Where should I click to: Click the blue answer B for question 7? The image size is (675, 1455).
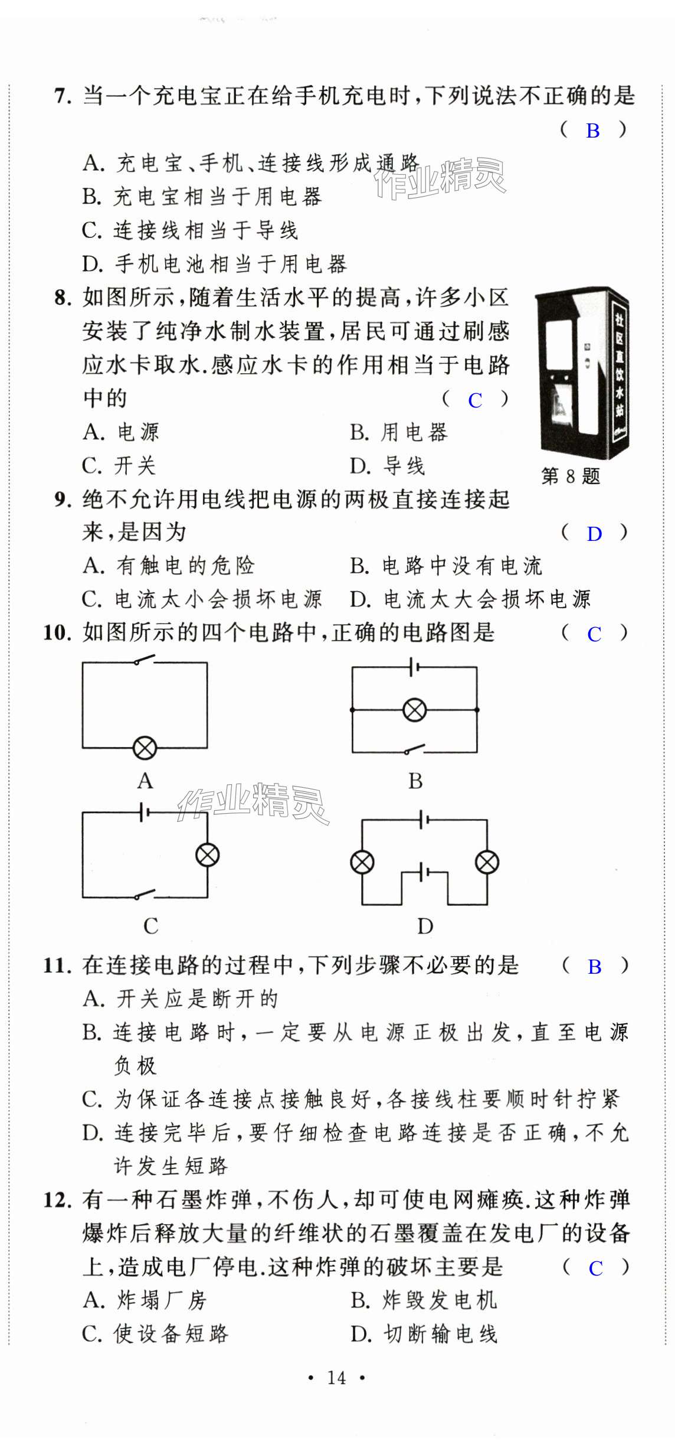point(592,131)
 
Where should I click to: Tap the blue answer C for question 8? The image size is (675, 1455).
point(474,400)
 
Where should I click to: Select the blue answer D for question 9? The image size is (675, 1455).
point(594,534)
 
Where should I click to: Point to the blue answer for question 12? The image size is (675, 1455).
point(595,1268)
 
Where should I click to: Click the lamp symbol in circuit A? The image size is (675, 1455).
point(145,748)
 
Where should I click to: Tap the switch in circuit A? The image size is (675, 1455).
point(143,660)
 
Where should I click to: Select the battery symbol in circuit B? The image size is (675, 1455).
point(414,667)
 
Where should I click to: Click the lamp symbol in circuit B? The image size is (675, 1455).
point(414,710)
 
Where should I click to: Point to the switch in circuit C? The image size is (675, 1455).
point(144,895)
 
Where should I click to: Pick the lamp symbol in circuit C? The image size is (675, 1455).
point(207,854)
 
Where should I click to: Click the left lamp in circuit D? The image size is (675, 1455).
point(362,862)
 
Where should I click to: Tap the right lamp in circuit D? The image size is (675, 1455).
point(487,862)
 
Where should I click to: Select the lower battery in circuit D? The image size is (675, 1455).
point(424,871)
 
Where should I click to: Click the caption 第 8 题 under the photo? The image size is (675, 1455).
point(570,476)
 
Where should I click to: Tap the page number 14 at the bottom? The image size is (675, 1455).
point(336,1378)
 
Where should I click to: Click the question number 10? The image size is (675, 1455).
point(57,633)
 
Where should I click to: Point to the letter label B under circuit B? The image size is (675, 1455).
point(415,781)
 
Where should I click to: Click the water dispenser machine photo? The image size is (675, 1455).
point(581,373)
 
